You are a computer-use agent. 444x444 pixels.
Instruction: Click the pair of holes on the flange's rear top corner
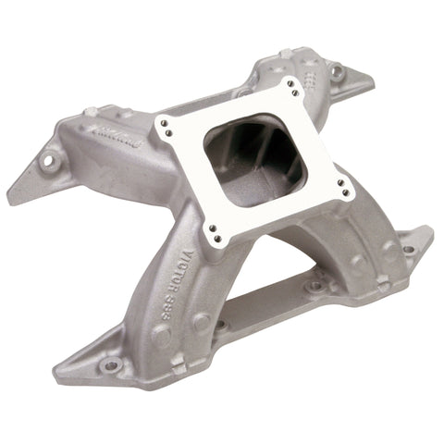coord(293,86)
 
